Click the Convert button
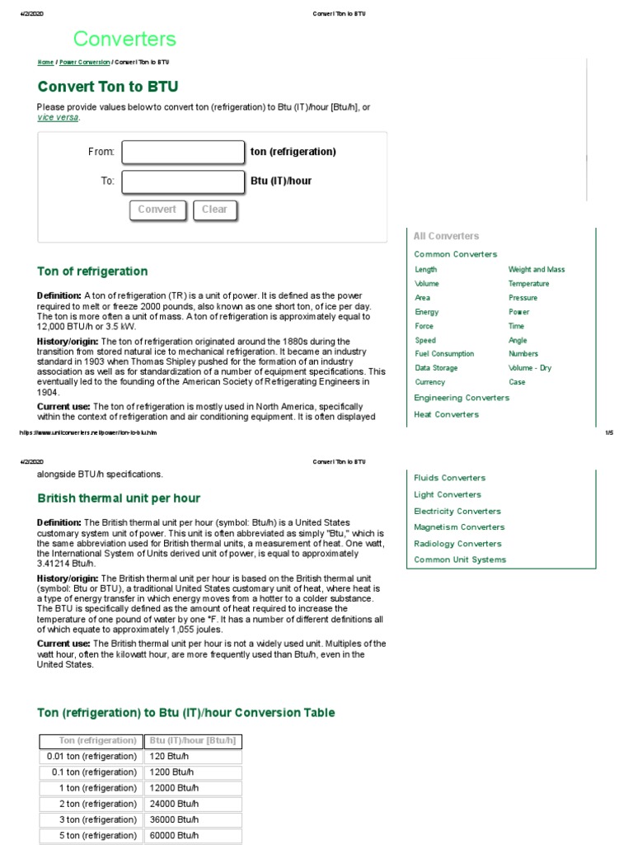point(157,210)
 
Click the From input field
point(183,153)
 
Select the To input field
point(183,182)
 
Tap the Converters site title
point(124,39)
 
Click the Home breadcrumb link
point(45,63)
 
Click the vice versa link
point(58,117)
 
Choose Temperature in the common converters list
point(528,284)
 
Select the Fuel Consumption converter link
point(444,354)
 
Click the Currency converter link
point(429,382)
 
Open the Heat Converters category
point(446,414)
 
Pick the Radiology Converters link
point(457,544)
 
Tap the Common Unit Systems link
point(460,559)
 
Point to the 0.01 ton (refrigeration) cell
point(91,757)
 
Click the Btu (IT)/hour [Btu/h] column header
point(193,740)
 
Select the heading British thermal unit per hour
point(119,498)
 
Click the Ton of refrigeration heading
point(92,271)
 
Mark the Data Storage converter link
point(436,368)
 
